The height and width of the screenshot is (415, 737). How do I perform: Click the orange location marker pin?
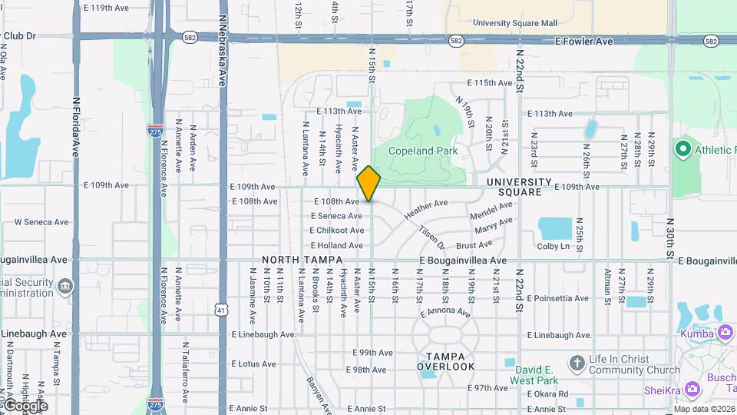(369, 184)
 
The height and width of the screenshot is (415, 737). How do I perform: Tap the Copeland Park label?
(423, 151)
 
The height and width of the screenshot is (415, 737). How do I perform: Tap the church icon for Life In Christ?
(577, 362)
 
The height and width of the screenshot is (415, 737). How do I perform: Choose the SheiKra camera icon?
(692, 390)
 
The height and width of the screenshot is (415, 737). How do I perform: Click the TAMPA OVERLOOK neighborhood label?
(446, 361)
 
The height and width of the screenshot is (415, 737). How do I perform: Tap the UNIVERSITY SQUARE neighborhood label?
(520, 187)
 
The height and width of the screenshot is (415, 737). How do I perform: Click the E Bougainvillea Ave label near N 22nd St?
(463, 261)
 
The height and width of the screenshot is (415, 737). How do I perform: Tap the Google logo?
(25, 405)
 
